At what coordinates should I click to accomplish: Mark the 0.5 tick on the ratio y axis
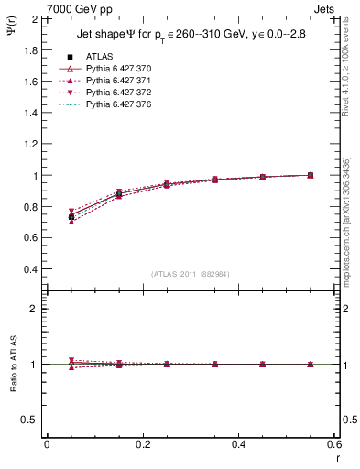[x=28, y=420]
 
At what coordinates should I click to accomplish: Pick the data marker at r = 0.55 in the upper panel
[x=310, y=175]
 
